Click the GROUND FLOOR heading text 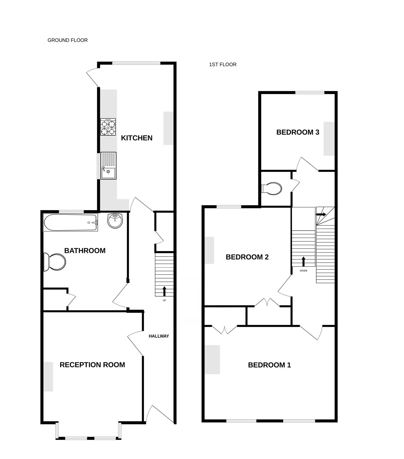point(68,40)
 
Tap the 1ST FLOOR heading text point(223,65)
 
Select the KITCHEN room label point(136,138)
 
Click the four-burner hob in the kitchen point(108,127)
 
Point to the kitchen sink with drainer point(108,166)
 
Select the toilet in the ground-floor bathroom point(55,262)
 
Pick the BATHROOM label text point(85,251)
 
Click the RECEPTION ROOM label point(92,365)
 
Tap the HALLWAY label point(159,336)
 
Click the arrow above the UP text point(164,291)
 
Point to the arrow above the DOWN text point(304,261)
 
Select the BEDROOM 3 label point(298,132)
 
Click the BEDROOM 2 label point(247,257)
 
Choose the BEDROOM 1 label point(269,365)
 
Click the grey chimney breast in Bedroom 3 point(329,139)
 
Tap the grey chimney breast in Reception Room point(48,376)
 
